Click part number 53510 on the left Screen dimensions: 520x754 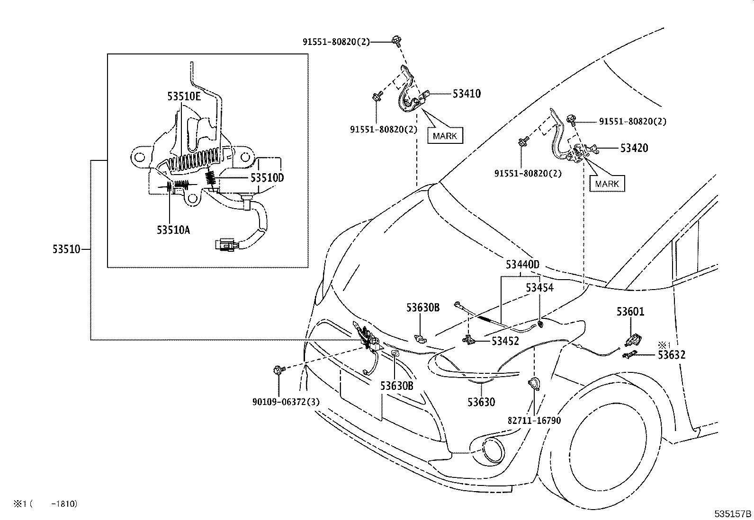click(x=66, y=249)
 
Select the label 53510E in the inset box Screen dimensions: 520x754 click(x=184, y=97)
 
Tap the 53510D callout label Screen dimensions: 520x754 click(x=267, y=178)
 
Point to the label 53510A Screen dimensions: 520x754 click(x=173, y=230)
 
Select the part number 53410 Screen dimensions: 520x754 click(x=466, y=94)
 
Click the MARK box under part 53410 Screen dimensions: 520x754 click(x=445, y=136)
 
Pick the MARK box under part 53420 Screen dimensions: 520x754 click(x=607, y=184)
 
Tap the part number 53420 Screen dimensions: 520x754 click(x=634, y=148)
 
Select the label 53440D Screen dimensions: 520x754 click(x=522, y=264)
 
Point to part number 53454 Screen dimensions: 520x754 click(x=539, y=288)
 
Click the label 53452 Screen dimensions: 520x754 click(x=505, y=341)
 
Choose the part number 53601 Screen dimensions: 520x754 click(x=630, y=312)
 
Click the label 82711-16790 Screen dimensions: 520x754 click(x=534, y=420)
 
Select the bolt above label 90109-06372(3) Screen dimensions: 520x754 click(x=278, y=370)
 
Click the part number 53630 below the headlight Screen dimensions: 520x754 click(x=481, y=402)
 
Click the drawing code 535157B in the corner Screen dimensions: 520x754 click(x=733, y=514)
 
